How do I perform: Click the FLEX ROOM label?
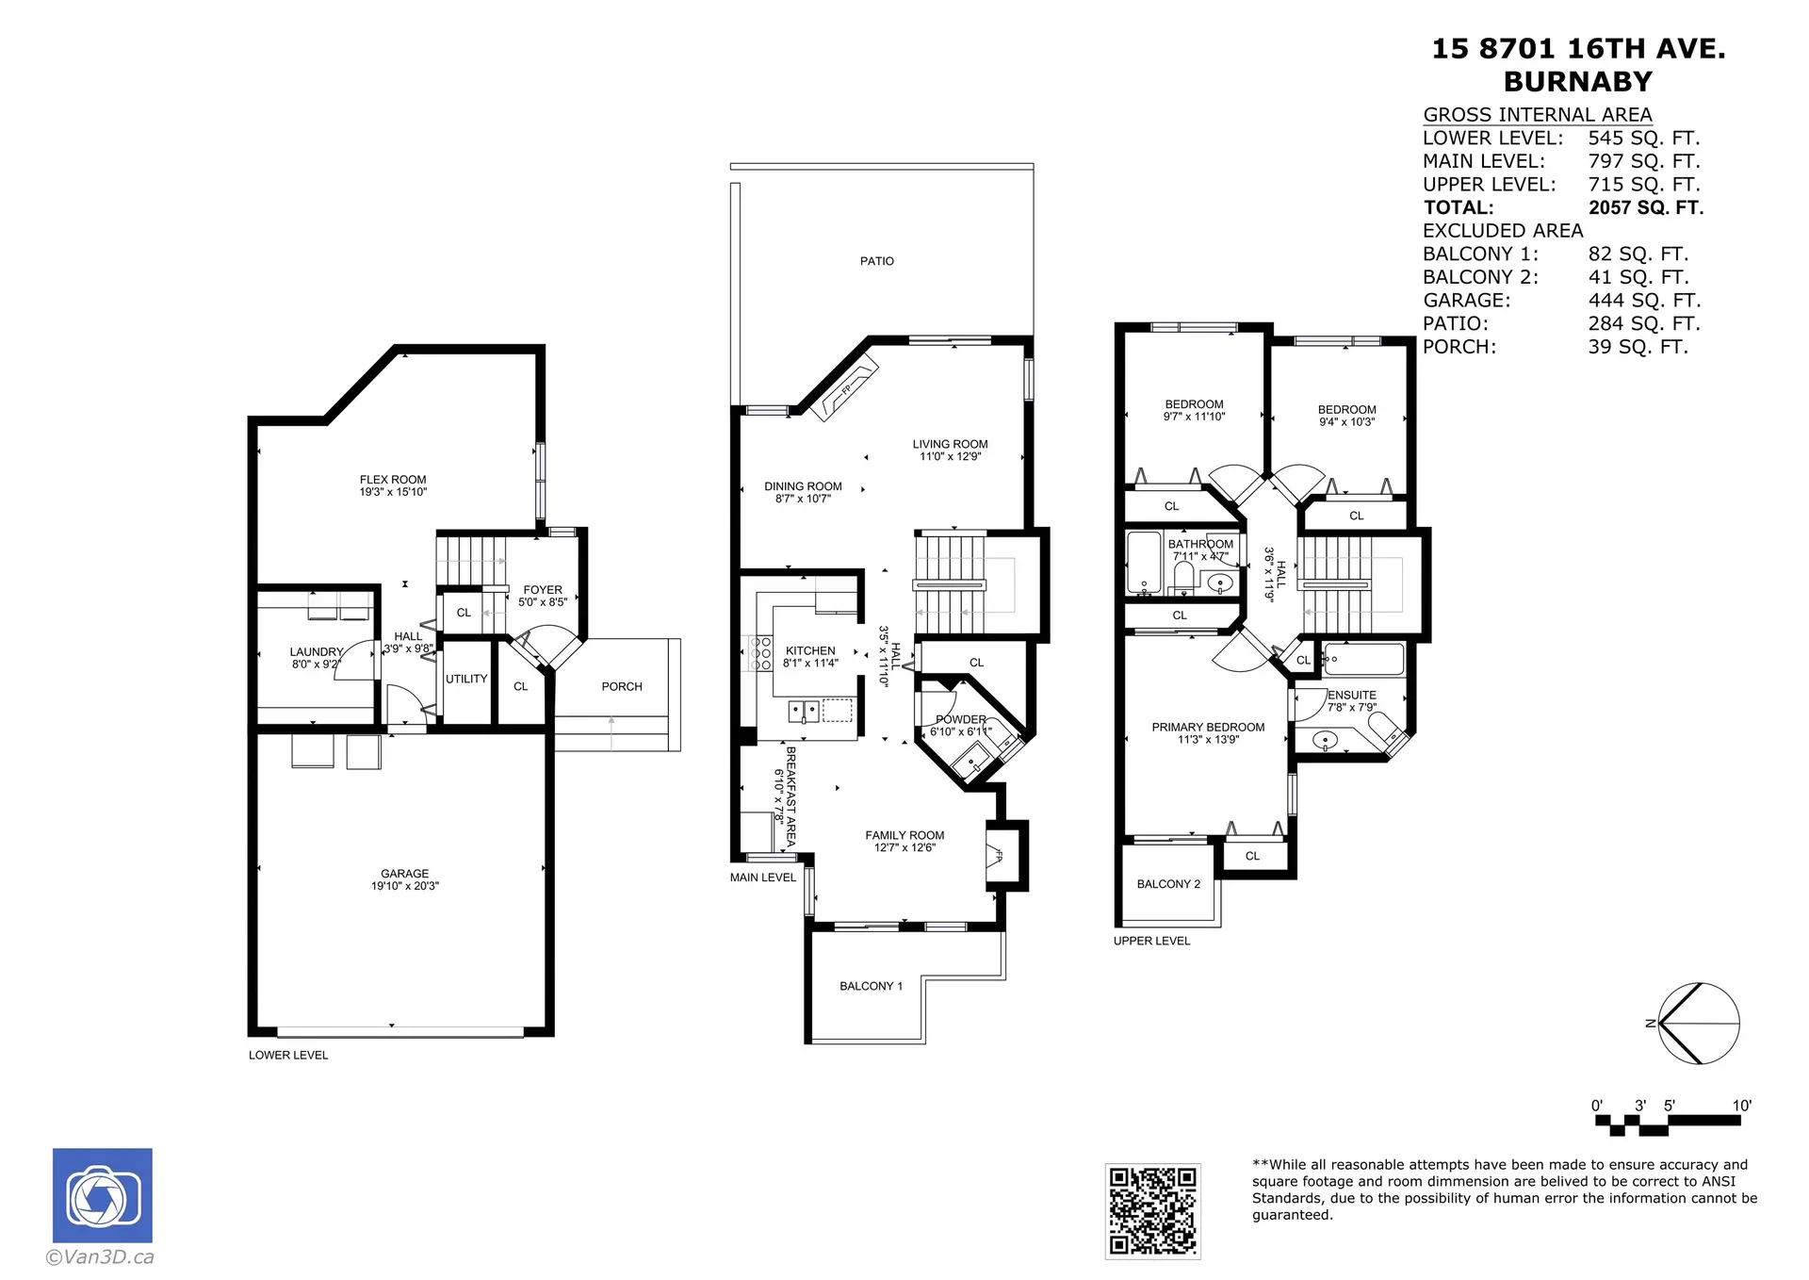click(x=393, y=480)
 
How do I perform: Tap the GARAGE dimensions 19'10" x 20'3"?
click(x=404, y=886)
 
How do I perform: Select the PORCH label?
click(x=622, y=686)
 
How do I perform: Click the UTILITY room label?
click(x=466, y=679)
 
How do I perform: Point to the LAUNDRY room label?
click(x=316, y=651)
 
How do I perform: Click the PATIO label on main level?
click(x=876, y=261)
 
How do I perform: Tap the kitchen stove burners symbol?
click(x=759, y=653)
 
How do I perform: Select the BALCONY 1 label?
click(x=871, y=986)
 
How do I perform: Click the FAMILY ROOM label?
click(x=904, y=835)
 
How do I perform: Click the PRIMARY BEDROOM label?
click(x=1208, y=727)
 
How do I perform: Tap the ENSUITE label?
click(x=1352, y=695)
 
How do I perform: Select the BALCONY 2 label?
click(x=1168, y=884)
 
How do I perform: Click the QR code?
click(x=1152, y=1211)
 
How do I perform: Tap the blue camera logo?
click(x=102, y=1195)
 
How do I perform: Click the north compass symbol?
click(x=1698, y=1024)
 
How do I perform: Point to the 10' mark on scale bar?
click(x=1741, y=1106)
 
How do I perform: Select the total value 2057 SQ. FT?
click(x=1645, y=207)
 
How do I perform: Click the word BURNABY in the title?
click(x=1577, y=82)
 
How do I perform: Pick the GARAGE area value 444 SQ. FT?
click(x=1643, y=300)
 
